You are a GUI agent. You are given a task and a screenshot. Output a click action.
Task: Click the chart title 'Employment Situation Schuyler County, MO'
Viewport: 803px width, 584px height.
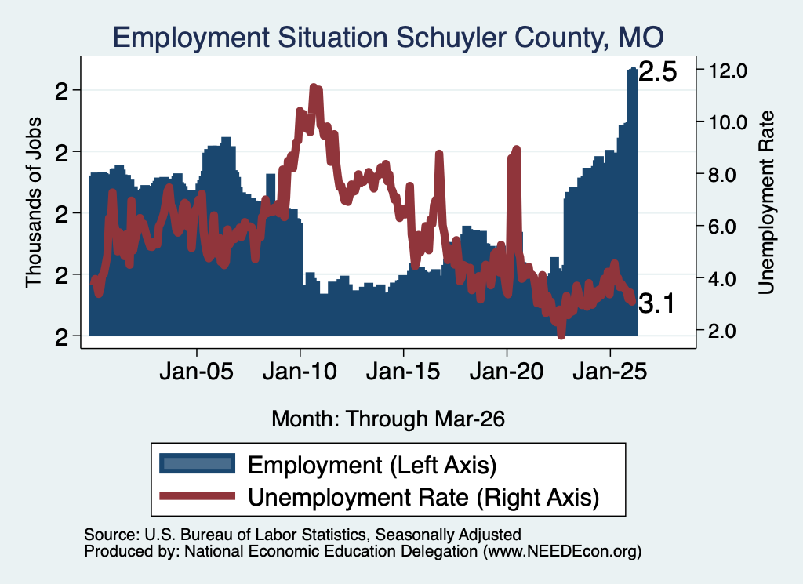click(388, 38)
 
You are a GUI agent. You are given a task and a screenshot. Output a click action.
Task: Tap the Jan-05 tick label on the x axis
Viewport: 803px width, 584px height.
click(197, 371)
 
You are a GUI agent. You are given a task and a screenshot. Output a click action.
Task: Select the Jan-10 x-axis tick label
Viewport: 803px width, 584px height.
click(300, 371)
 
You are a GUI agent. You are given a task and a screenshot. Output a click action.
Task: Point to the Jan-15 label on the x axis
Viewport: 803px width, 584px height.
click(403, 371)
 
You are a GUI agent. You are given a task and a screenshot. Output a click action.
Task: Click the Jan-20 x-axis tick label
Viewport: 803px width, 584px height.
click(507, 371)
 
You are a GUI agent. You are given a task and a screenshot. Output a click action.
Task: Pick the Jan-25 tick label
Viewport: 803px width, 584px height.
click(610, 371)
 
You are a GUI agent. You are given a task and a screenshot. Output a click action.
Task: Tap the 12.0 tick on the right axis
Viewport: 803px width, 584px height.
click(727, 70)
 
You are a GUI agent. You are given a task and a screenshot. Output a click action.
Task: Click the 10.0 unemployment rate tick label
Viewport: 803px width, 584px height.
click(727, 122)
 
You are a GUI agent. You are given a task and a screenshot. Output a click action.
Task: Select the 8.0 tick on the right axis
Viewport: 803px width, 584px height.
click(721, 175)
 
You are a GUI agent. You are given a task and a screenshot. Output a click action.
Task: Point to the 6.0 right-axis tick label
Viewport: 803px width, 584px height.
click(721, 227)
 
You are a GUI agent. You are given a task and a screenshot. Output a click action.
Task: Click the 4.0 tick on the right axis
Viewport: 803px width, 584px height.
click(721, 279)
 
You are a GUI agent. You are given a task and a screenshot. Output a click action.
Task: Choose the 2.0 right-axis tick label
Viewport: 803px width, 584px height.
click(721, 331)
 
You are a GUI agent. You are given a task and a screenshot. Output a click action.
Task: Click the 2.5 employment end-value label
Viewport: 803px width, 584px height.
click(658, 71)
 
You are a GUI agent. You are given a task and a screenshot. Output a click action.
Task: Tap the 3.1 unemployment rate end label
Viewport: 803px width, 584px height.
click(657, 304)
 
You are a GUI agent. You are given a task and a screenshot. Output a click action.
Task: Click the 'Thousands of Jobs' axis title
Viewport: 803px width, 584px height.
click(34, 202)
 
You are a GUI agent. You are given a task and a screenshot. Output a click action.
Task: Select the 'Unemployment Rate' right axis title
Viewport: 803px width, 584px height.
click(766, 203)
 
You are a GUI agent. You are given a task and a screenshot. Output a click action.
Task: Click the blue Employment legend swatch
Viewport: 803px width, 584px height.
click(197, 464)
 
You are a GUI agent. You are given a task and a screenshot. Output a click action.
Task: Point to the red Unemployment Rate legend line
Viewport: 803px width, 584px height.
click(197, 496)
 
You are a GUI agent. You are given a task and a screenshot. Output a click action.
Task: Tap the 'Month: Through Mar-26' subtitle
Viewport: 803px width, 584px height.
click(388, 419)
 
